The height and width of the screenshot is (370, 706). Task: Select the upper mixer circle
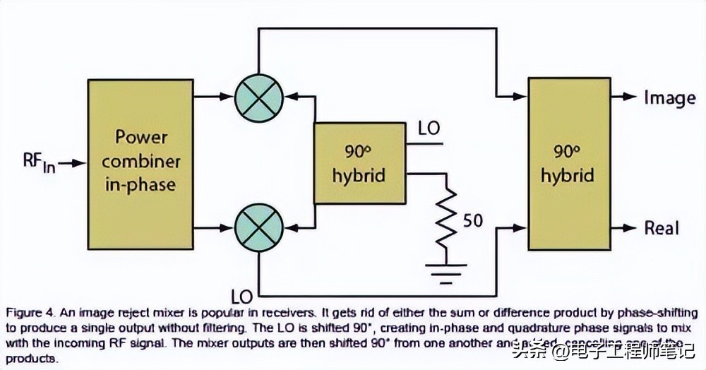click(x=258, y=97)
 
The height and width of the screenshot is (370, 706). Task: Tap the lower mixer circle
click(x=258, y=228)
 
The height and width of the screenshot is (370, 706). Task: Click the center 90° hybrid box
click(x=360, y=163)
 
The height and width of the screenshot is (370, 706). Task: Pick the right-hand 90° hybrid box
click(x=568, y=163)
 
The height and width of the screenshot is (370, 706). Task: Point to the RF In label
click(x=35, y=164)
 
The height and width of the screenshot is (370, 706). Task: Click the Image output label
click(x=669, y=97)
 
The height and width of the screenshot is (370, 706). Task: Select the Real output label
click(x=662, y=228)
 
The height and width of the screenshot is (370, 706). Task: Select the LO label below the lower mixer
click(x=243, y=292)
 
